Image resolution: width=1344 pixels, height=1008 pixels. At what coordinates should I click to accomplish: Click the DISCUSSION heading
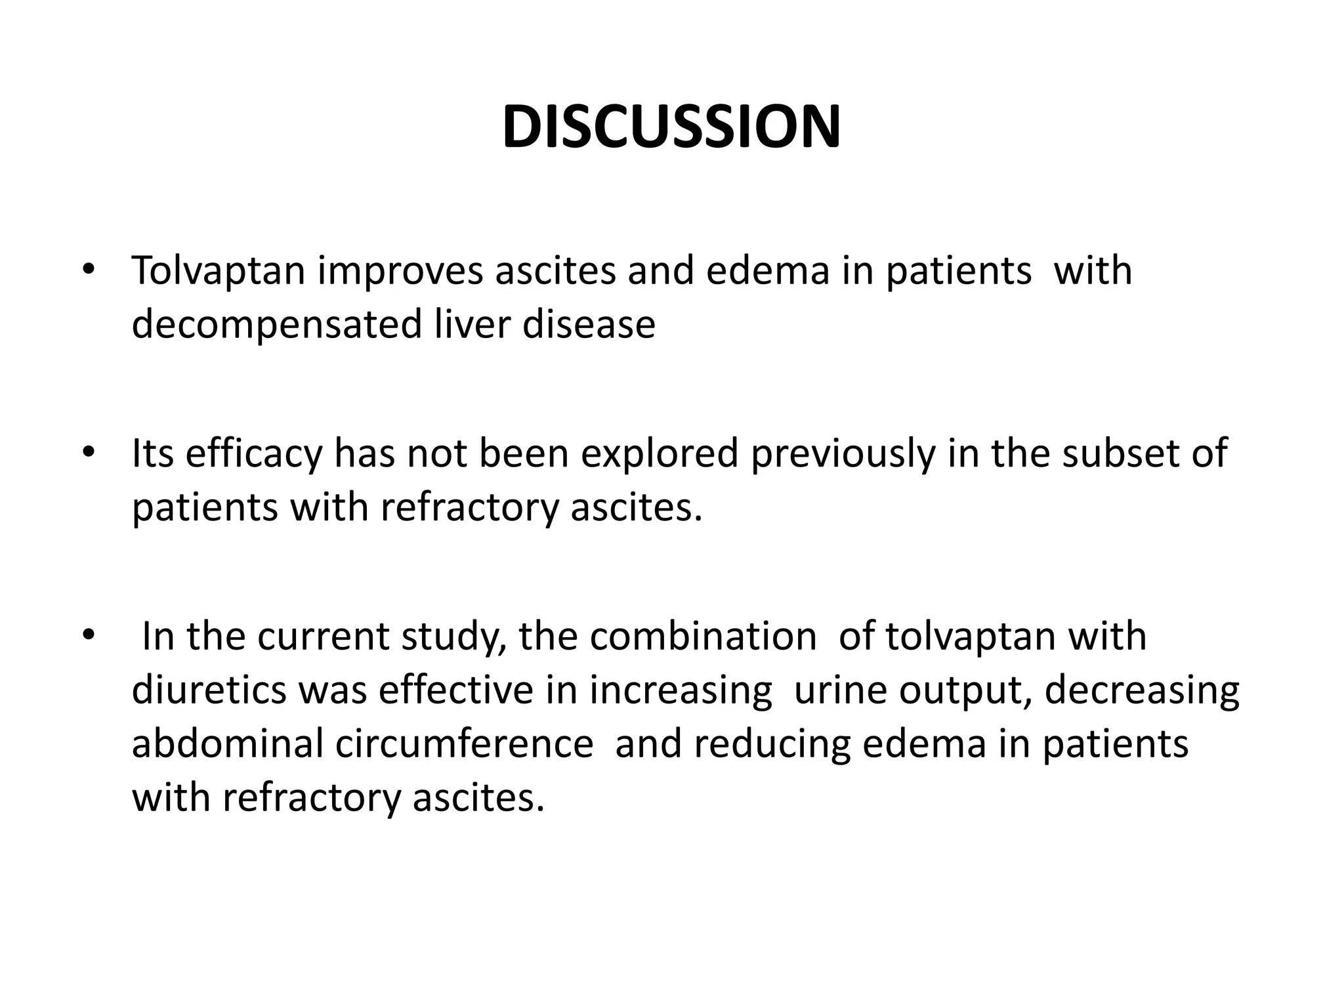671,127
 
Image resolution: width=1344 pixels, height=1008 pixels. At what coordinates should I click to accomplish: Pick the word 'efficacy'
254,454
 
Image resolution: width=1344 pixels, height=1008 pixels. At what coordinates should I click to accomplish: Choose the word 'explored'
660,454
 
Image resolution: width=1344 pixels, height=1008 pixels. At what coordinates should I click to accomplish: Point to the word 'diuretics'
209,690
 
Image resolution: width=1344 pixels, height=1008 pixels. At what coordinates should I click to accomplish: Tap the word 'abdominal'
228,744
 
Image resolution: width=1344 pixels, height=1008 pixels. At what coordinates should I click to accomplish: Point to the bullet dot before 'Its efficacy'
89,451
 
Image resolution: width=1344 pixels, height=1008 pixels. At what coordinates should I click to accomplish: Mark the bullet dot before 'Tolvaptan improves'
89,269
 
